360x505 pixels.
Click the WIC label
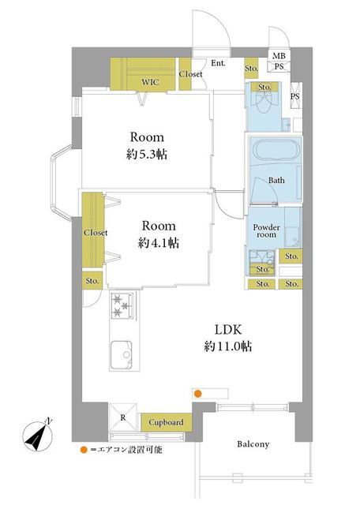[x=150, y=82]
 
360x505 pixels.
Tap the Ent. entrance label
[x=218, y=63]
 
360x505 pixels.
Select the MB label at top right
[x=279, y=56]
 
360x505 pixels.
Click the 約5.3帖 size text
[x=147, y=155]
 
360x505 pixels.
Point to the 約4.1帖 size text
[x=159, y=243]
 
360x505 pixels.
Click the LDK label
[x=228, y=330]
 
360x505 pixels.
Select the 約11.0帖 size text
[x=228, y=346]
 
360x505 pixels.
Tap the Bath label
[x=276, y=181]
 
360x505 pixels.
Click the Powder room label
[x=267, y=231]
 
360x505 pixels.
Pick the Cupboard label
[x=166, y=422]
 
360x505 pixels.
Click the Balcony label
[x=253, y=444]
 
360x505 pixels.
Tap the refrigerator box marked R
[x=123, y=417]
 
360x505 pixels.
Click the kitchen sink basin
[x=121, y=354]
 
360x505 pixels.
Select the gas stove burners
[x=122, y=305]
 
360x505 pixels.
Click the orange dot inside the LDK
[x=197, y=394]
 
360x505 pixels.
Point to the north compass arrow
[x=39, y=436]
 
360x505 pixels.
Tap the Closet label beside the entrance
[x=190, y=74]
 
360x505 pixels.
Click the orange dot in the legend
[x=84, y=450]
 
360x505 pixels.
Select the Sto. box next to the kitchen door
[x=92, y=281]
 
